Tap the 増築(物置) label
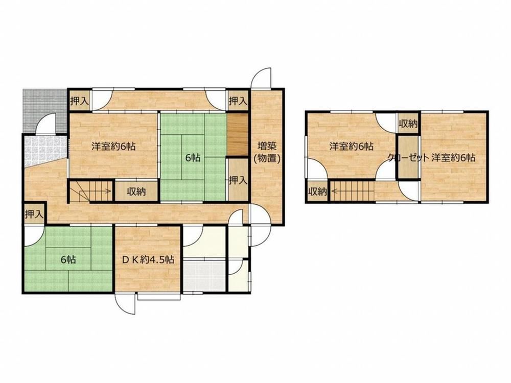coord(267,152)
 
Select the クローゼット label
coord(408,158)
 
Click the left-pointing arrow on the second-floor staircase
coord(340,192)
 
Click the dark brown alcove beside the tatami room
coord(238,135)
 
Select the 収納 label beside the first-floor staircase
coord(136,192)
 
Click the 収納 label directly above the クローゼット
coord(408,124)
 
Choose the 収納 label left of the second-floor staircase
coord(317,192)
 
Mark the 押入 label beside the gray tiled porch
coord(79,101)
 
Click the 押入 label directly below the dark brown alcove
coord(238,180)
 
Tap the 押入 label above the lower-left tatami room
coord(34,214)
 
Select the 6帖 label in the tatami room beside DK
coord(68,259)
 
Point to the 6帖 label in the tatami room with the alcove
coord(193,158)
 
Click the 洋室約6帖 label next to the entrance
coord(113,146)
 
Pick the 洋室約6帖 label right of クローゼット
coord(453,158)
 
